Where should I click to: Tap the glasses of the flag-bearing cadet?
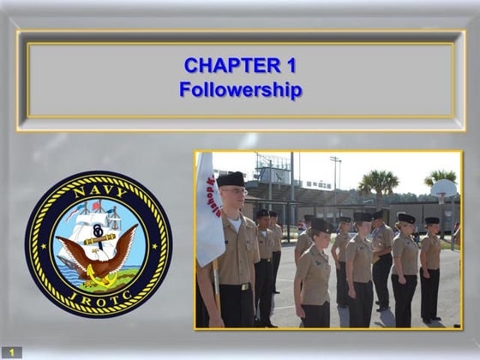(x=234, y=193)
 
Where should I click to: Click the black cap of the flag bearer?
(x=230, y=179)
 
